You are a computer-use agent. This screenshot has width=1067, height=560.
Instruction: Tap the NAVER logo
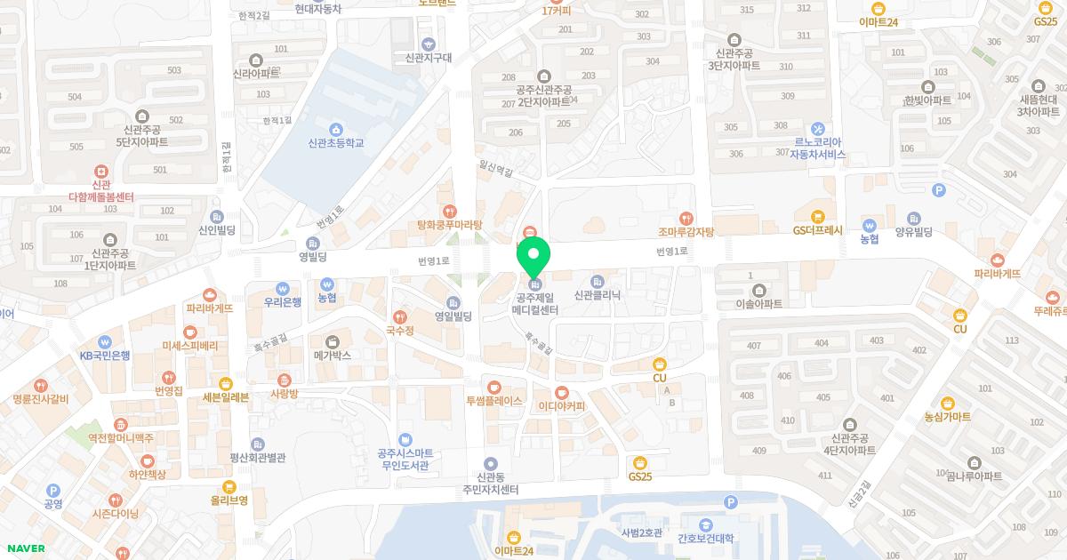click(25, 548)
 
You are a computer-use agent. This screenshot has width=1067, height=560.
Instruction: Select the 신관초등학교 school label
click(335, 143)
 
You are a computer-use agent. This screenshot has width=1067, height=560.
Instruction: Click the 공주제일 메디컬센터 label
click(534, 304)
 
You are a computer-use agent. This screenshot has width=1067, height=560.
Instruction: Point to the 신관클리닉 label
click(597, 295)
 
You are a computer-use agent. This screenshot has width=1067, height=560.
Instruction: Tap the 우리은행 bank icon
click(283, 288)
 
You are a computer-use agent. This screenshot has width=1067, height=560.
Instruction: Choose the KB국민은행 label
click(105, 355)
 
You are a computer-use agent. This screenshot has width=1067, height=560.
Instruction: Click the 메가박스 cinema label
click(333, 355)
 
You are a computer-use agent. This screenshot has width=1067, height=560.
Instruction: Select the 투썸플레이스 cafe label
click(494, 401)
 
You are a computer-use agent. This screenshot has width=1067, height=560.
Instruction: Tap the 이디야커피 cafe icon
click(562, 392)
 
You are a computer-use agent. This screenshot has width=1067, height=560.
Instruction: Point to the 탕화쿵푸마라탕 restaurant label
click(450, 226)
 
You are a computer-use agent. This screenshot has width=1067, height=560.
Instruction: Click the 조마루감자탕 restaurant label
click(686, 231)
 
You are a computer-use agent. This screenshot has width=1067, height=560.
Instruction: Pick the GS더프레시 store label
click(817, 229)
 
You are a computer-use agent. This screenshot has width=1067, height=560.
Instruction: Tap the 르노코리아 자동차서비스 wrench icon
click(818, 129)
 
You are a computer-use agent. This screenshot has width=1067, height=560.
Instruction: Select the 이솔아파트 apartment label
click(759, 303)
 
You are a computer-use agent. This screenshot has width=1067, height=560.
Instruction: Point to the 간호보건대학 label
click(705, 539)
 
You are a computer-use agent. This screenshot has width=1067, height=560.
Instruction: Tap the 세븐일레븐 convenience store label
click(226, 397)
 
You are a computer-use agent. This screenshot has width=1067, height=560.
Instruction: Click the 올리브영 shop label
click(229, 500)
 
